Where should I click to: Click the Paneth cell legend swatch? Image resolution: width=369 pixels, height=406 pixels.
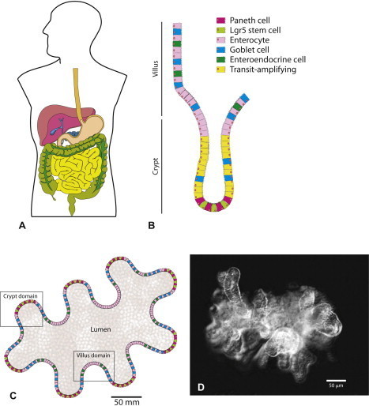click(220, 21)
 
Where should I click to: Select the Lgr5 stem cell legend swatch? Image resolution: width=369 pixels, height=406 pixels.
click(220, 30)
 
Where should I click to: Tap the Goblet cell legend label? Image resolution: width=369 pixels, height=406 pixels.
click(250, 50)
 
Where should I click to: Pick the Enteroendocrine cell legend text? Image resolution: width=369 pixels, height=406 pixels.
click(268, 59)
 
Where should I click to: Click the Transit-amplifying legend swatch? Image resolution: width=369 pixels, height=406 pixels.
click(220, 70)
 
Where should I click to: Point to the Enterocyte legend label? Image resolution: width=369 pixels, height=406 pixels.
click(250, 40)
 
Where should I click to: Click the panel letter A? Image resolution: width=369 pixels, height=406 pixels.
click(22, 225)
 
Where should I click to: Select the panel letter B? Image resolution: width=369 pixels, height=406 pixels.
click(152, 225)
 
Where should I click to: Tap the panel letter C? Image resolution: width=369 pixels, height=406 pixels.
click(13, 395)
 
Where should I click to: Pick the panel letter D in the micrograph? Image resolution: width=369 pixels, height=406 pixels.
click(201, 387)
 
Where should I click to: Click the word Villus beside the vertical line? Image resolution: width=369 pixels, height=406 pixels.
click(156, 69)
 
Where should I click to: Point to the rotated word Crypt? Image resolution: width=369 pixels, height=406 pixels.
click(156, 167)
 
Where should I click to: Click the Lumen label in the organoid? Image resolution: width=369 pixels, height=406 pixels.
click(100, 329)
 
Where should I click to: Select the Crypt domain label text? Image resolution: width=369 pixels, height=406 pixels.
click(21, 296)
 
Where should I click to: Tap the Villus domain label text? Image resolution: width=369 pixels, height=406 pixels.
click(93, 355)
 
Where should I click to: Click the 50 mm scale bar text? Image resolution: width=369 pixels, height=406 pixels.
click(126, 402)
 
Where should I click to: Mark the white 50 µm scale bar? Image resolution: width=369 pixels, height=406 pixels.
click(336, 380)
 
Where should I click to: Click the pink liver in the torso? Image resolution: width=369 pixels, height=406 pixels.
click(53, 124)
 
